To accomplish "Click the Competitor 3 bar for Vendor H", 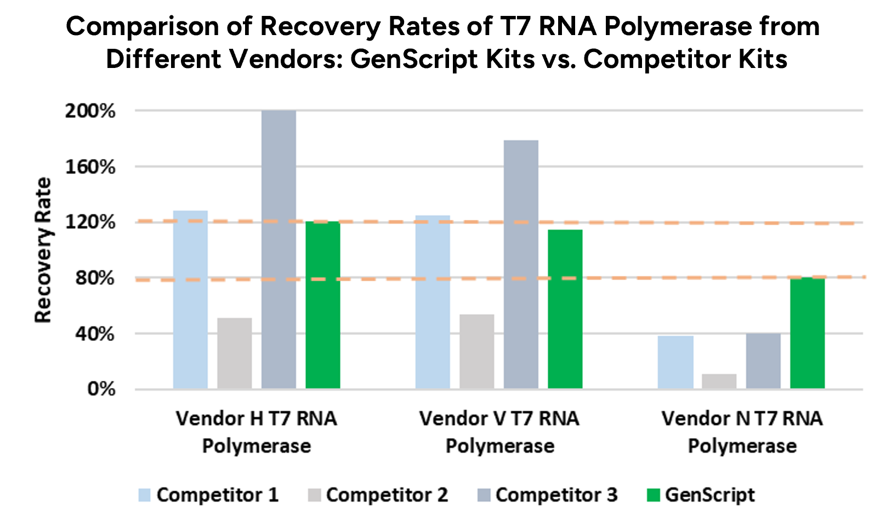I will (x=279, y=249).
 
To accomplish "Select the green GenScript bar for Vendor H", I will (x=322, y=305).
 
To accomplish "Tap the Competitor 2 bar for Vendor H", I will (x=235, y=353).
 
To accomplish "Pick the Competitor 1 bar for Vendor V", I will (x=433, y=302).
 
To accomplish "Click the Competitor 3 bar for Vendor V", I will (x=521, y=264).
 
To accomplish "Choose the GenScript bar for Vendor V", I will (x=565, y=309).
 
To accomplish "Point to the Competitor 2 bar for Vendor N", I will (x=719, y=382).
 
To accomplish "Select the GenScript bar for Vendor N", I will (x=807, y=333).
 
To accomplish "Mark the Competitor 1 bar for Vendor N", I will (x=675, y=362).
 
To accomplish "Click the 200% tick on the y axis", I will (x=90, y=111).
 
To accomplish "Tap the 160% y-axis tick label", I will (x=90, y=167).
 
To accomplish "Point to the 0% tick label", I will (x=101, y=389).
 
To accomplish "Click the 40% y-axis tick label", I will (x=95, y=334).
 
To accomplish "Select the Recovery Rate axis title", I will (x=43, y=250).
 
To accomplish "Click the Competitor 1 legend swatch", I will (x=145, y=495).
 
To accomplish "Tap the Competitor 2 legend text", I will (x=387, y=495).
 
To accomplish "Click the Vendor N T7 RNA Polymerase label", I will (x=742, y=432).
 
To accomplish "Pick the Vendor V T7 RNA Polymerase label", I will (x=499, y=432).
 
